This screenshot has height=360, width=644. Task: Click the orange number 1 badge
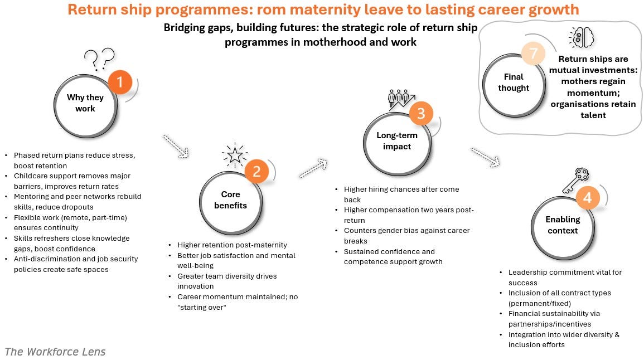tap(119, 83)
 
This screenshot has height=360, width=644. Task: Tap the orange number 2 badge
tap(256, 172)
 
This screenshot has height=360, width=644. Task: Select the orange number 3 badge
tap(421, 114)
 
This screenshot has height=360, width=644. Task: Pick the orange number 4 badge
tap(588, 198)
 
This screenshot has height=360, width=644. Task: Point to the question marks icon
tap(99, 59)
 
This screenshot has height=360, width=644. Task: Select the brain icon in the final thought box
tap(581, 38)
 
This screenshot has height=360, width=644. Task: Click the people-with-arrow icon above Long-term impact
tap(400, 99)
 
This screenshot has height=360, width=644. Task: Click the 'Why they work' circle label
tap(85, 103)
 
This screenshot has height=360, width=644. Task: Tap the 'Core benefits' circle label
tap(230, 200)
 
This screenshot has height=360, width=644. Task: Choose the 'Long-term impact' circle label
tap(397, 141)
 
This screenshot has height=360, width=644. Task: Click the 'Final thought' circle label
tap(514, 82)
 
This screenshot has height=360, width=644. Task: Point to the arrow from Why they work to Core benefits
tap(176, 147)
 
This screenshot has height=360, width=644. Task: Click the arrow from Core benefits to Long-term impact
tap(313, 169)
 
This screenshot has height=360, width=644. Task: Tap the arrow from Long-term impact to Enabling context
tap(486, 157)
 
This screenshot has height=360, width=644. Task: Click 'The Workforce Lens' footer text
tap(55, 352)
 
